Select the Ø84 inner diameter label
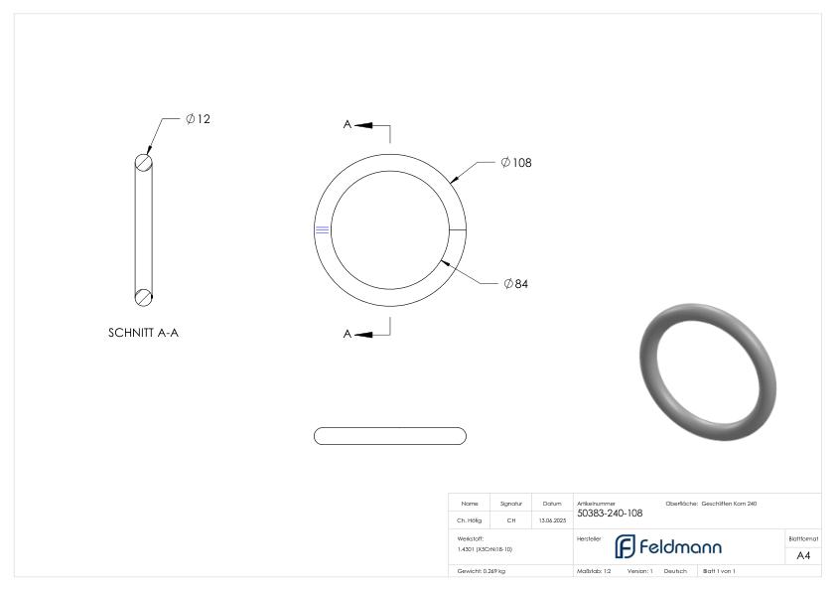click(x=515, y=284)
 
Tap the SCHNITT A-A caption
click(x=143, y=333)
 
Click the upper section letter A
click(x=348, y=125)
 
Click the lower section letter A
click(x=348, y=334)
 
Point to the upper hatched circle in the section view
click(x=144, y=164)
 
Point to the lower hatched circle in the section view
click(x=144, y=295)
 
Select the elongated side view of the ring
click(x=389, y=436)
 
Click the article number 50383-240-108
click(x=610, y=514)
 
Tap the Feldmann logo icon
click(x=625, y=546)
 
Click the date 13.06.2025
click(x=552, y=519)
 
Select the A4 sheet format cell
click(x=803, y=555)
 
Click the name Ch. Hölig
click(x=470, y=519)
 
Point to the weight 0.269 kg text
click(x=482, y=571)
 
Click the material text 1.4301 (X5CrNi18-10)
click(x=485, y=548)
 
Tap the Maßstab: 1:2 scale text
click(x=594, y=571)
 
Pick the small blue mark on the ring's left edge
click(x=322, y=230)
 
